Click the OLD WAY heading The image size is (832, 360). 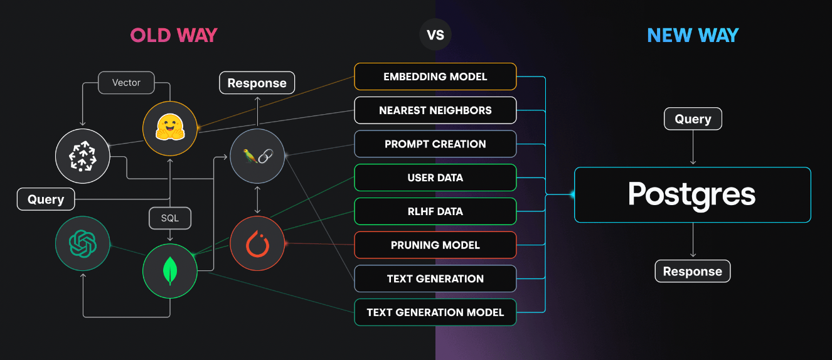click(174, 35)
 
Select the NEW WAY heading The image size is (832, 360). click(693, 35)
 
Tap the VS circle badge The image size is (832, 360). click(435, 35)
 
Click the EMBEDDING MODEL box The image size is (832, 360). click(435, 77)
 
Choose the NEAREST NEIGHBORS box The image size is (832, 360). click(435, 110)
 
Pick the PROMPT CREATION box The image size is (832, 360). click(435, 144)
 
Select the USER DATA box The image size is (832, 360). click(435, 177)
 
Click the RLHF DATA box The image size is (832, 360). click(435, 211)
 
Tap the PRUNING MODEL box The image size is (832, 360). click(435, 245)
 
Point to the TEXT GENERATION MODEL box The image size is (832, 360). click(435, 312)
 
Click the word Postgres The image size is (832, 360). click(692, 194)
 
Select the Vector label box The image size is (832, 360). click(126, 82)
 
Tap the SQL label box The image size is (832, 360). click(170, 218)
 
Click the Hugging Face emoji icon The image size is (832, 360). click(170, 129)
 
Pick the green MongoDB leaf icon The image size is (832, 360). click(170, 271)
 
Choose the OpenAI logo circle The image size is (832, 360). click(83, 243)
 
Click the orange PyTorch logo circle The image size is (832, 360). click(257, 243)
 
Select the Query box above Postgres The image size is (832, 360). click(693, 119)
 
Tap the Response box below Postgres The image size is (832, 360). click(693, 272)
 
